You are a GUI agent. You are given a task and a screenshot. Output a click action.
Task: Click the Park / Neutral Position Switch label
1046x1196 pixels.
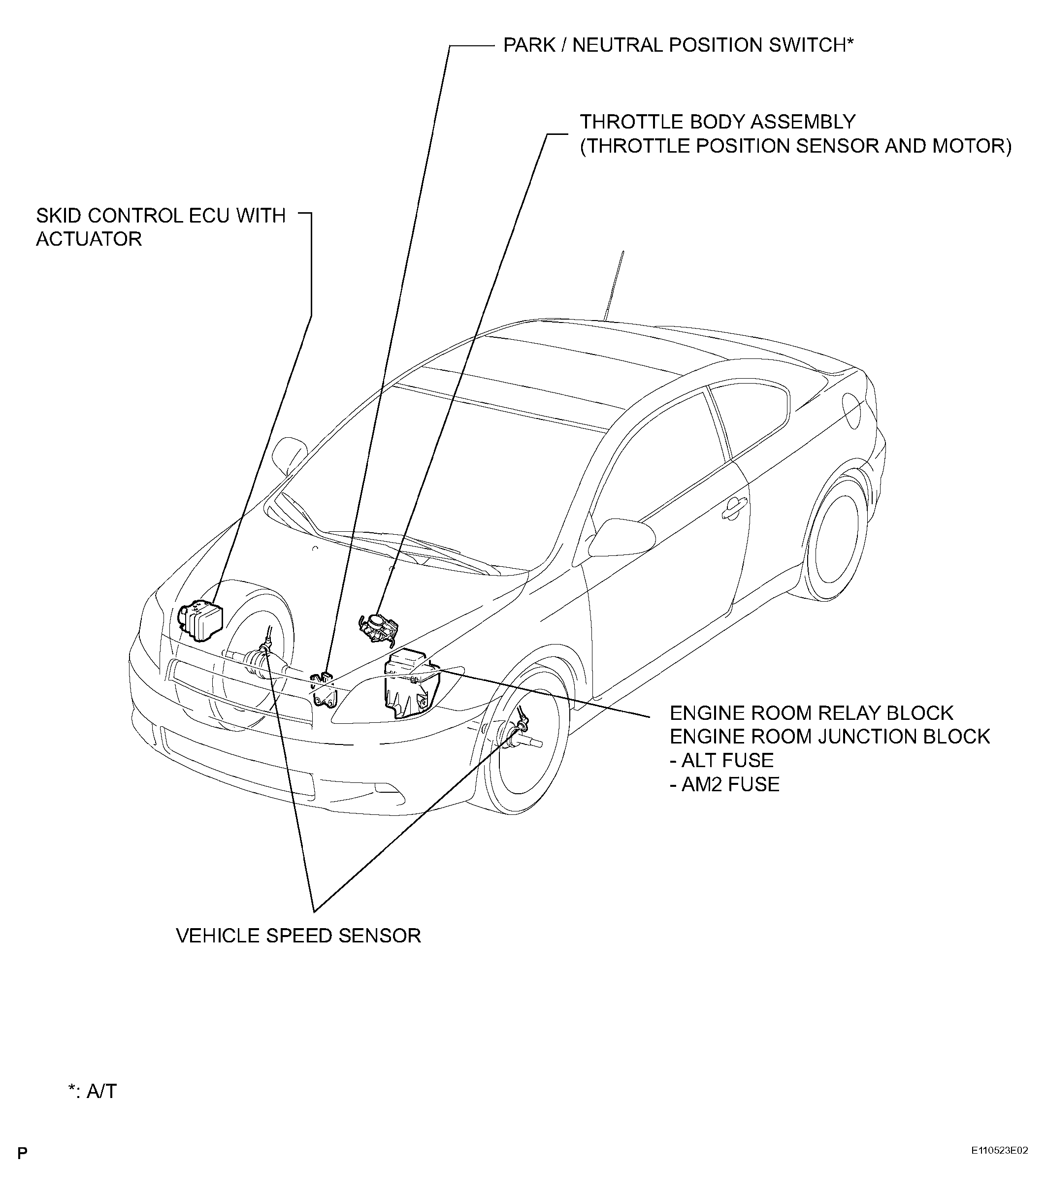(678, 45)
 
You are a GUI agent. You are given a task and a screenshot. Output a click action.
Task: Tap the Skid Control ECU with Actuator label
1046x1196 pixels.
(161, 227)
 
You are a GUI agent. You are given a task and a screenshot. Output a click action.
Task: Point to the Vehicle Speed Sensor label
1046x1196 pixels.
(298, 936)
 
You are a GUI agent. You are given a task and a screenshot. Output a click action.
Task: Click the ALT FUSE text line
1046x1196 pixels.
(721, 760)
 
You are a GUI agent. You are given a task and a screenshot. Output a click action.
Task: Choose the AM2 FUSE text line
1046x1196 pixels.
(724, 784)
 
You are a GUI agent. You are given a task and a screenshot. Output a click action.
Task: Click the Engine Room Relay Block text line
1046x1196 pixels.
(812, 712)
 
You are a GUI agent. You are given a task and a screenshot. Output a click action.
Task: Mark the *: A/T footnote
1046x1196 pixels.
(92, 1091)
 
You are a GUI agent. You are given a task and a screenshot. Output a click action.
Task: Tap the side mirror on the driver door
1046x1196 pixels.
(621, 537)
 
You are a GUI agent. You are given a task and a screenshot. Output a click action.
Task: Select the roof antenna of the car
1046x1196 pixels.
(614, 286)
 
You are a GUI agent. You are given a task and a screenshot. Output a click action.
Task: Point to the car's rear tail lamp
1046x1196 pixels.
(851, 410)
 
